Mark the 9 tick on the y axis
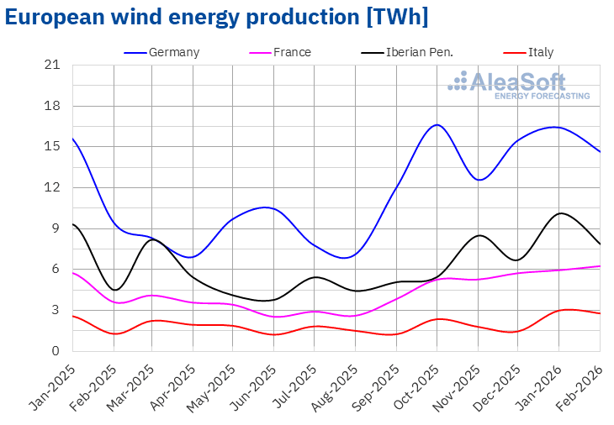pyautogui.click(x=56, y=228)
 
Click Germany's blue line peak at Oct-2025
pyautogui.click(x=437, y=124)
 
